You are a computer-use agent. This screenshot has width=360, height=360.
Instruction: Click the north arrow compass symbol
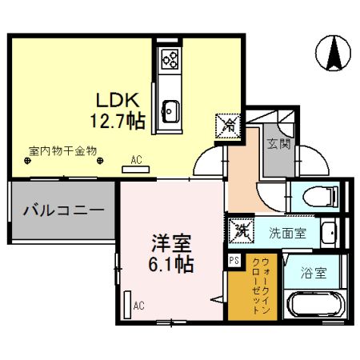(333, 53)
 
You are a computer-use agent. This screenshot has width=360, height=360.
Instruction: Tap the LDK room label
(118, 100)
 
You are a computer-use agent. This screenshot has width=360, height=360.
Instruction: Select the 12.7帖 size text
(118, 121)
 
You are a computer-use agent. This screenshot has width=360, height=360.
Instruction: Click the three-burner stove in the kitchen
(170, 58)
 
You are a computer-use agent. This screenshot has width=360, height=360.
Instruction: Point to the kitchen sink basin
(170, 111)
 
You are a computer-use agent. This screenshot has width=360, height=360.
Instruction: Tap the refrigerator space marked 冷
(228, 126)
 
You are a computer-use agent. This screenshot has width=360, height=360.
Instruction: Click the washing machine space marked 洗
(242, 231)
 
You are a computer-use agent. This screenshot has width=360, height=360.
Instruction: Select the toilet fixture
(320, 197)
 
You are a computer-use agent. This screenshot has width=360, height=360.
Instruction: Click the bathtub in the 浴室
(316, 305)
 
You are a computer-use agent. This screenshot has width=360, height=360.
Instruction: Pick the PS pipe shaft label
(234, 260)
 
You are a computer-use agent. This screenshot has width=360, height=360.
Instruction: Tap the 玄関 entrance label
(278, 144)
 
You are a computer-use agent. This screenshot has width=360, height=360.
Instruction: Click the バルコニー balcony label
(63, 210)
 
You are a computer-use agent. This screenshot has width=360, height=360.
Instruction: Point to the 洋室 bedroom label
(171, 243)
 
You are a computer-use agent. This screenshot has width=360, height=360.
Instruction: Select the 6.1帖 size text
(171, 264)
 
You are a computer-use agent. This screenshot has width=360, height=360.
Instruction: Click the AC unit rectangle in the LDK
(136, 170)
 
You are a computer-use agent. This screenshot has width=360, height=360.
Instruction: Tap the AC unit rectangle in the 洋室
(128, 305)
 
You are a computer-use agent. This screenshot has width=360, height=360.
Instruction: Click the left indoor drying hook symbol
(27, 161)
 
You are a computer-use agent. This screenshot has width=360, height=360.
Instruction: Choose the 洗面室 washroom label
(287, 233)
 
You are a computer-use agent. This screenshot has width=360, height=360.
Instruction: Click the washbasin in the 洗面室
(328, 233)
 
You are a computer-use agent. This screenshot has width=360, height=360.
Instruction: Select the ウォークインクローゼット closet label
(261, 286)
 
